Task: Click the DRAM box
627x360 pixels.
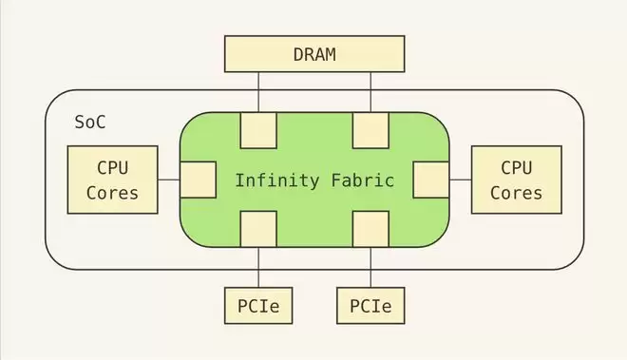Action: coord(314,54)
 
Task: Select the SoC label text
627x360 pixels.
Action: coord(90,122)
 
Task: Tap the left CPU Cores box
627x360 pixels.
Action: coord(113,180)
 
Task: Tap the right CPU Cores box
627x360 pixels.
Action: coord(517,180)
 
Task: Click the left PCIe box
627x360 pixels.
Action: coord(258,306)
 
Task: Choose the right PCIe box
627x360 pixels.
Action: coord(370,306)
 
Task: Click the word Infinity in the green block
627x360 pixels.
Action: coord(277,180)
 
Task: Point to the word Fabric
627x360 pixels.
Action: coord(363,180)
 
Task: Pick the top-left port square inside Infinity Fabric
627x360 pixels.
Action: coord(258,130)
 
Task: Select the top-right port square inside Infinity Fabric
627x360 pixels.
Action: coord(370,130)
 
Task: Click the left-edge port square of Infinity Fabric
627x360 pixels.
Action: coord(199,180)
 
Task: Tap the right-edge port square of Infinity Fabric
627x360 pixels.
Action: coord(431,180)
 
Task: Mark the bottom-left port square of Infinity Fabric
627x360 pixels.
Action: coord(258,229)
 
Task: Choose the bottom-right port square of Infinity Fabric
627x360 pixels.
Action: coord(370,229)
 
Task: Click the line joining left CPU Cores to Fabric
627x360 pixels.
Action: coord(169,180)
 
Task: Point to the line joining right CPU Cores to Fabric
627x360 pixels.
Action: coord(460,180)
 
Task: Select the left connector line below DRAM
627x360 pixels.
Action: coord(258,92)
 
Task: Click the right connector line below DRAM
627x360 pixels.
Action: coord(370,92)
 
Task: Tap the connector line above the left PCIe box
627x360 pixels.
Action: coord(258,267)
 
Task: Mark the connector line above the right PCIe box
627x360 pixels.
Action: coord(370,267)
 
